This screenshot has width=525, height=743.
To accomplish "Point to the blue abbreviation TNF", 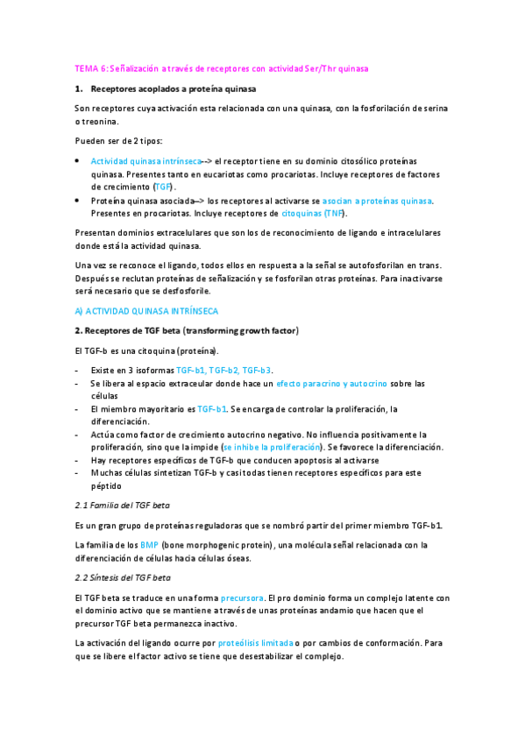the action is pos(333,213).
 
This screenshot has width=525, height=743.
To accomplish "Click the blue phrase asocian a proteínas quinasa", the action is pos(378,201).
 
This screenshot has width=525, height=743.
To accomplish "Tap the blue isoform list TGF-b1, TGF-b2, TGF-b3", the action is pos(223,371).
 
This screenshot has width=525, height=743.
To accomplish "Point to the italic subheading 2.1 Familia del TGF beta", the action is pos(123,506).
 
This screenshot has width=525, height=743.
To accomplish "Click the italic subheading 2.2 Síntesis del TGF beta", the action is pos(123,577).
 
